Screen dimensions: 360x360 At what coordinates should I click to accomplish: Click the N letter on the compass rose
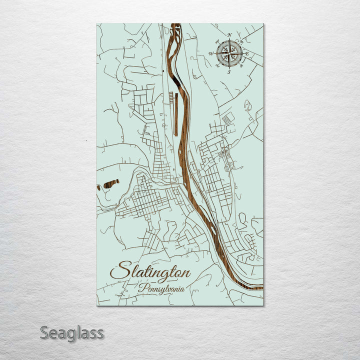coord(229,35)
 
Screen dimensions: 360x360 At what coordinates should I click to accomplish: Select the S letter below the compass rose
coord(229,72)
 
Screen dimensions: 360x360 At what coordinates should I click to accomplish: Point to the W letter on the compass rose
coord(211,53)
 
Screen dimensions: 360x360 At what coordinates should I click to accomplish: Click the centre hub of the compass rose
coord(229,53)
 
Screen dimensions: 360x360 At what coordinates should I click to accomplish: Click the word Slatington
coord(150,272)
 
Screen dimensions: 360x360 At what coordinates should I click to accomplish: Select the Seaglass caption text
coord(71,332)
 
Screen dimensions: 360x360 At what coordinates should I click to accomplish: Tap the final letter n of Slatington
coord(186,273)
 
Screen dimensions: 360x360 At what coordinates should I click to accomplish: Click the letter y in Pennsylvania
coord(162,291)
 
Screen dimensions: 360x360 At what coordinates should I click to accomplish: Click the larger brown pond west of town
coord(110,183)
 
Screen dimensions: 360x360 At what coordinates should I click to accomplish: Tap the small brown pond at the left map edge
coord(98,187)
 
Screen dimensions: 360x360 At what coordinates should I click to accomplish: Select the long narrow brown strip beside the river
coord(175,114)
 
